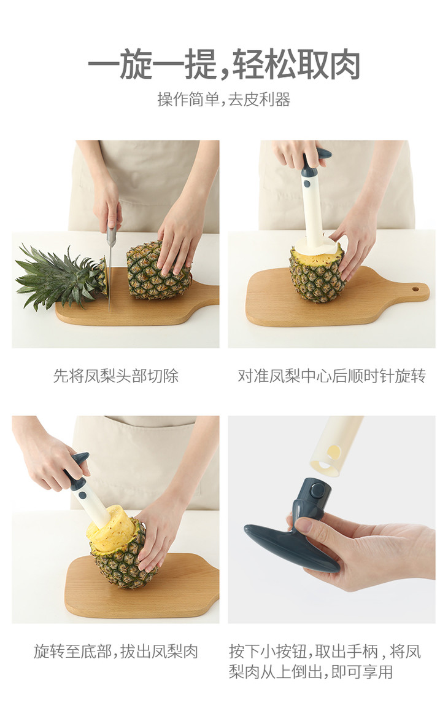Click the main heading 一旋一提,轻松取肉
(x=224, y=65)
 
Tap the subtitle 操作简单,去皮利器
(x=224, y=100)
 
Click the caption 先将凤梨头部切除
(x=116, y=376)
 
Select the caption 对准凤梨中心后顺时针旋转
(x=331, y=376)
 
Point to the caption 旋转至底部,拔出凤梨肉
(x=116, y=652)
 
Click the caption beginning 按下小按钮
(x=325, y=661)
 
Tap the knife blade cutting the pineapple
(x=110, y=269)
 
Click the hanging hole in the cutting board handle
(x=415, y=289)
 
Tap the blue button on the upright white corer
(x=307, y=184)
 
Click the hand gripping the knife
(x=107, y=205)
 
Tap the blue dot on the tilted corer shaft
(x=82, y=495)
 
